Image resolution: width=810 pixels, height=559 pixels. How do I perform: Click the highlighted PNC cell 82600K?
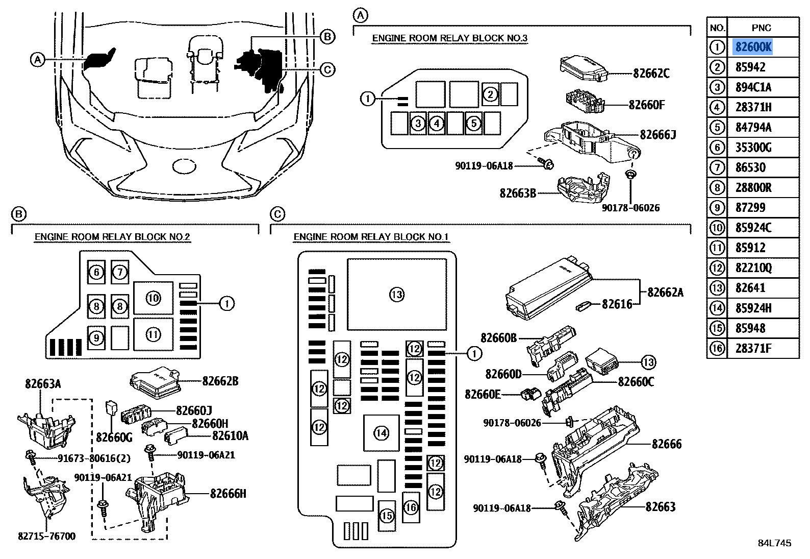753,47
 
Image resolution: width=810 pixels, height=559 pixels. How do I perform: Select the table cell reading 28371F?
753,348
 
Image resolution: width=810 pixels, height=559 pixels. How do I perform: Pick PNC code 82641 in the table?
750,288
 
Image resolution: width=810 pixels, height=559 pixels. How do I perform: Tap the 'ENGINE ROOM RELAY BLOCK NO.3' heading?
449,38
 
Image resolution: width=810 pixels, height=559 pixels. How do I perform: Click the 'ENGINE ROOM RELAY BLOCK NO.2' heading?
112,236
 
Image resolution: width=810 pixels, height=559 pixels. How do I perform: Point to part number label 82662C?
651,73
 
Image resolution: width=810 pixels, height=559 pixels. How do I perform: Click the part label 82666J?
657,134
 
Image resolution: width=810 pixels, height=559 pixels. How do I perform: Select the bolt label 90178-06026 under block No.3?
630,208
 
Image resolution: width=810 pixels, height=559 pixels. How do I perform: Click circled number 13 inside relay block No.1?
396,294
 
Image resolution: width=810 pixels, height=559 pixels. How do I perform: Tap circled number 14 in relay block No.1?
381,433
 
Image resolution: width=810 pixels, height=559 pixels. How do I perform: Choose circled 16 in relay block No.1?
411,507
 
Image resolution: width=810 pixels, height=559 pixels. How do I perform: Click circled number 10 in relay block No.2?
153,298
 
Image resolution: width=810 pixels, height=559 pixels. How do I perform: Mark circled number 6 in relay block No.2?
96,272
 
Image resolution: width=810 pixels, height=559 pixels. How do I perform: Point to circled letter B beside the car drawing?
327,36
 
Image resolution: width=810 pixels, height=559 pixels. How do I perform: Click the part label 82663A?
43,383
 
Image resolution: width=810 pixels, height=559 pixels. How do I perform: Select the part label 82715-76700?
46,536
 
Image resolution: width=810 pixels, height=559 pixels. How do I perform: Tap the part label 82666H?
228,493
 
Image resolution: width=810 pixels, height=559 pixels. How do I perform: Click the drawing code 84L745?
774,543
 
